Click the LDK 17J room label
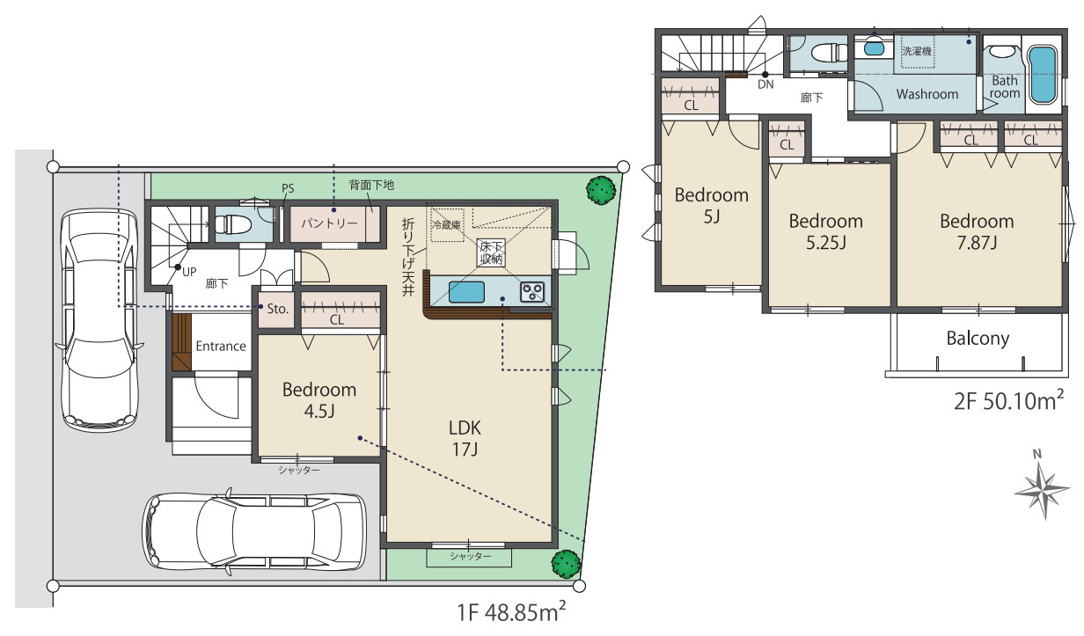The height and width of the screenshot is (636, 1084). (x=465, y=439)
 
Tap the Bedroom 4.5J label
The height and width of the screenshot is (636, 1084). (x=319, y=400)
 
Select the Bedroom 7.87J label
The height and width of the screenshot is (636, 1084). (x=977, y=231)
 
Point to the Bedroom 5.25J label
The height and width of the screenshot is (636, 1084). (x=825, y=231)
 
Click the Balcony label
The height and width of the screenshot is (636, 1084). (x=978, y=338)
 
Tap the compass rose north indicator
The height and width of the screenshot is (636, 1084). (x=1043, y=488)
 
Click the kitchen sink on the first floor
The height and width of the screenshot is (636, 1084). (x=466, y=292)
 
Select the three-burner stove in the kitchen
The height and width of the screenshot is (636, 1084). (x=532, y=292)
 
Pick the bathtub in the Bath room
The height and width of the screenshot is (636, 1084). (x=1043, y=75)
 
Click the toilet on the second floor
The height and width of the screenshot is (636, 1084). (x=829, y=53)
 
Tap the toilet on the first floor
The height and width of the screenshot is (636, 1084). (x=233, y=225)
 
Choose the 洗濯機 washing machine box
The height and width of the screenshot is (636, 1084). (x=917, y=51)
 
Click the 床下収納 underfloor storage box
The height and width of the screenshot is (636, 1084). (x=491, y=252)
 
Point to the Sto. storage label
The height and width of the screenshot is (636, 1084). (x=277, y=309)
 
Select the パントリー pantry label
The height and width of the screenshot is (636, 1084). (x=329, y=223)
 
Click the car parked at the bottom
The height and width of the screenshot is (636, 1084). (x=254, y=532)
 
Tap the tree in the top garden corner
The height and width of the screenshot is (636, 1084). (x=601, y=190)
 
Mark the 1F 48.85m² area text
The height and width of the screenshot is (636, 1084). (x=511, y=611)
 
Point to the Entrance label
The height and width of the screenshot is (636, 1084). (x=221, y=346)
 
